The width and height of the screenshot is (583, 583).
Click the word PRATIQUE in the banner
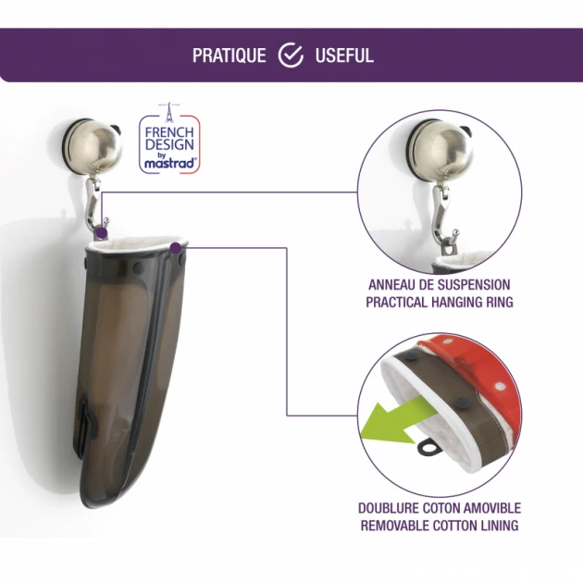tap(229, 56)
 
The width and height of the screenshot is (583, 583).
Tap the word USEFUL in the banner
tap(344, 56)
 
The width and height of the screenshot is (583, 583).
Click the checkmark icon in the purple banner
tap(291, 55)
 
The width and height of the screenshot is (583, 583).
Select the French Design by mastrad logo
tap(169, 139)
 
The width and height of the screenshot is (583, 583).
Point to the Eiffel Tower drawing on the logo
tap(169, 112)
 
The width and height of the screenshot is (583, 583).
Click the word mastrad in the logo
tap(170, 163)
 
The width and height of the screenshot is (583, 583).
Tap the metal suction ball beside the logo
tap(94, 146)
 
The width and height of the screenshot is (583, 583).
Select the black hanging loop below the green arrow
tap(429, 448)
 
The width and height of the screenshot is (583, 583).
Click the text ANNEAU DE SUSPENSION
tap(440, 285)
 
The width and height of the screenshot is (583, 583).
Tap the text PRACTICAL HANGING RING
tap(440, 302)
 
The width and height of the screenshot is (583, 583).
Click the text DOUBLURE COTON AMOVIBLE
tap(440, 508)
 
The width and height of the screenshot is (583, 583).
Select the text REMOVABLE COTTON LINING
tap(440, 526)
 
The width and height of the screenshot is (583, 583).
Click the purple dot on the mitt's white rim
tap(176, 248)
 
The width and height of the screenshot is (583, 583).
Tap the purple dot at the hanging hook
tap(101, 233)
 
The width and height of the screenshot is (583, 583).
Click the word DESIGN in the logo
tap(169, 144)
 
